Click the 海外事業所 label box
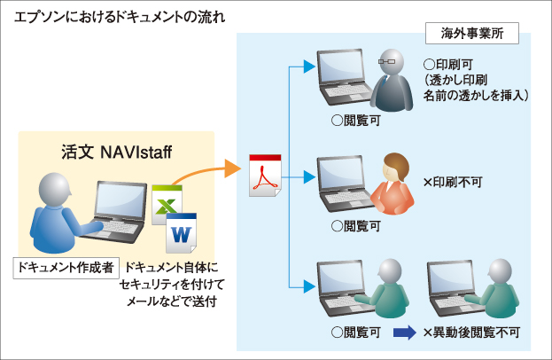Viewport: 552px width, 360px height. (472, 35)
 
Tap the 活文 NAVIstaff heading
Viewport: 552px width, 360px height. (116, 152)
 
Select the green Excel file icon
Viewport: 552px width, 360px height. (166, 202)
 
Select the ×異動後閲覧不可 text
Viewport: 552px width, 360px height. (472, 333)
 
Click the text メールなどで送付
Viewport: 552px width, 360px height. (172, 302)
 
